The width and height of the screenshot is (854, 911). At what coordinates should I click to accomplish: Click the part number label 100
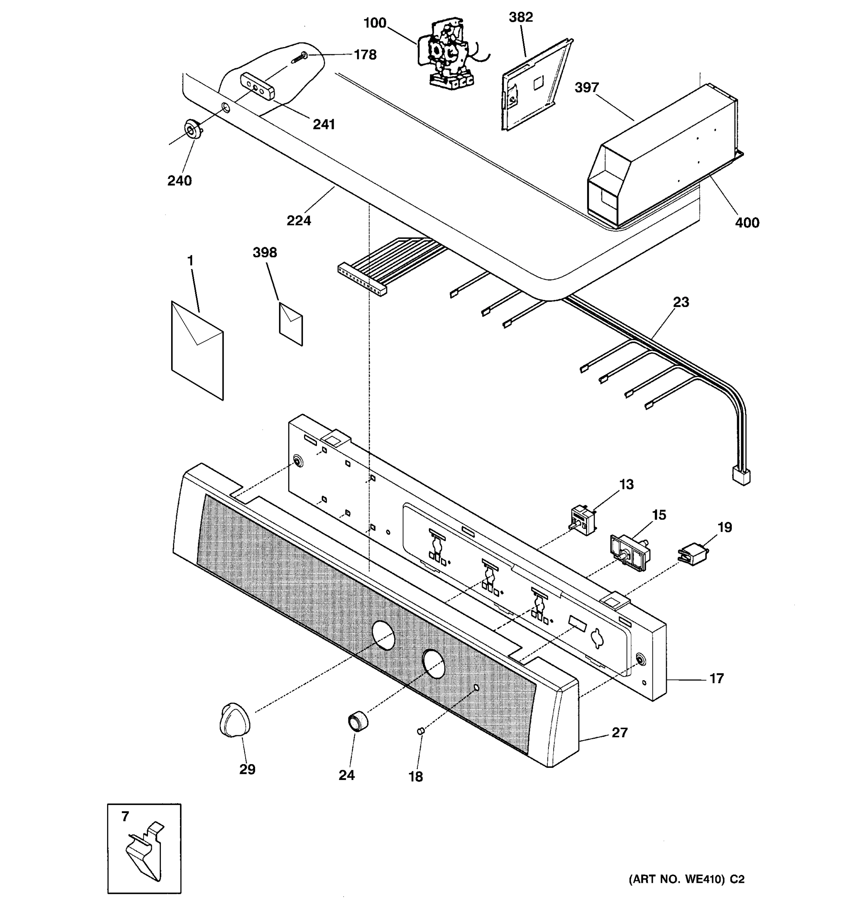pyautogui.click(x=374, y=23)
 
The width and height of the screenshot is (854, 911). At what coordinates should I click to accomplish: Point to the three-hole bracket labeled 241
pyautogui.click(x=257, y=86)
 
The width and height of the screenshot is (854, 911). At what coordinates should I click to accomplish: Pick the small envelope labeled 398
pyautogui.click(x=290, y=323)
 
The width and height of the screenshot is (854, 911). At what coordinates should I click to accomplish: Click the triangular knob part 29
pyautogui.click(x=235, y=719)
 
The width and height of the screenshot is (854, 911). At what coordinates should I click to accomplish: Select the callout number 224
pyautogui.click(x=299, y=221)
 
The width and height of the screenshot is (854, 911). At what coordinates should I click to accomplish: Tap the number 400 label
pyautogui.click(x=747, y=223)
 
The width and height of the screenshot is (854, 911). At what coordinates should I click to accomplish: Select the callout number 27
pyautogui.click(x=619, y=732)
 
